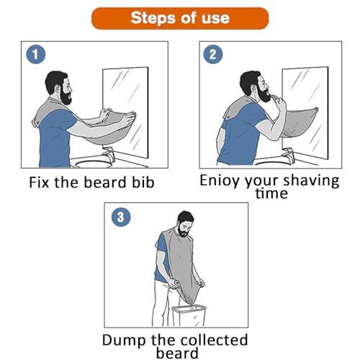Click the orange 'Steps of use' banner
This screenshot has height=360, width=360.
(179, 18)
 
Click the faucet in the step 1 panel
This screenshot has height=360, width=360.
(108, 154)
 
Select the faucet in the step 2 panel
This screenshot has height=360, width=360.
(287, 154)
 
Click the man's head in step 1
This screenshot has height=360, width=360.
(58, 85)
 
